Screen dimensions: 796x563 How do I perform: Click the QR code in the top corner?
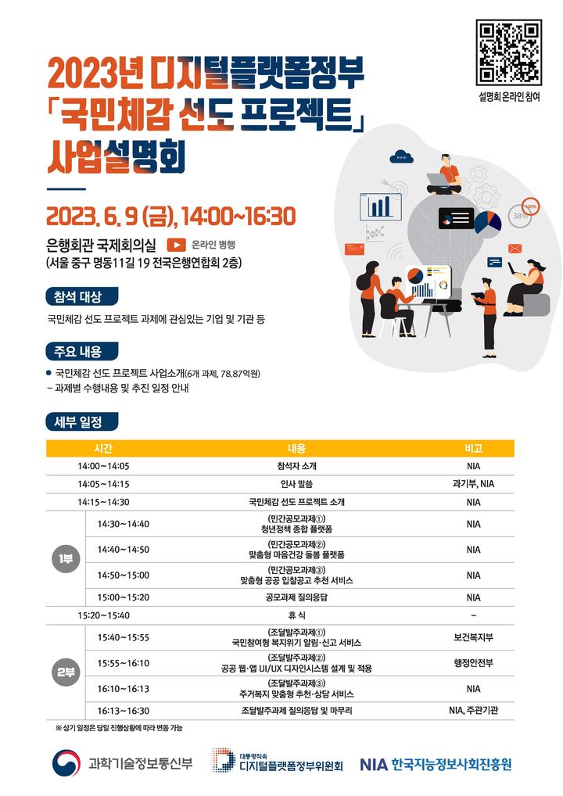coord(509,52)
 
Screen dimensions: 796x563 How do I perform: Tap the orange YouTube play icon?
coord(175,244)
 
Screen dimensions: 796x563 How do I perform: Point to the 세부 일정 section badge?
coord(81,421)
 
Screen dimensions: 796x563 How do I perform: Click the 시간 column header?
coord(103,448)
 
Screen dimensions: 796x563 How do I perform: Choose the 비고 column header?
coord(473,448)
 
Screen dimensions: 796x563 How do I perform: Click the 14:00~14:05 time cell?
coord(103,466)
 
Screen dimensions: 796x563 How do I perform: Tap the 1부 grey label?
coord(65,559)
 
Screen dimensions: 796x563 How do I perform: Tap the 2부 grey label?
coord(65,671)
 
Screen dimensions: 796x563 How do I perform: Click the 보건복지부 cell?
coord(473,637)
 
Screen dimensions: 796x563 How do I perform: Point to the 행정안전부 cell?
coord(473,663)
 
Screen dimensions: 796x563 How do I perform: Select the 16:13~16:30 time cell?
coord(124,711)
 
